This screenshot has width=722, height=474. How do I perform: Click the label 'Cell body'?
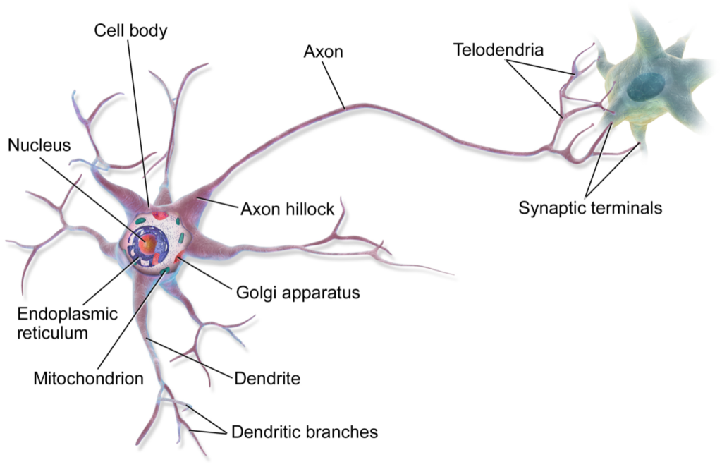[x=130, y=31]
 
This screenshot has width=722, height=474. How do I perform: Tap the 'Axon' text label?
[x=323, y=51]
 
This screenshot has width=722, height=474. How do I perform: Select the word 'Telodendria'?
[x=498, y=50]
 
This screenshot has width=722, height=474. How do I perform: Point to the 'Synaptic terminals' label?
[x=590, y=208]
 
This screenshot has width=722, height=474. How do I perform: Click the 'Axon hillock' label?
[x=288, y=209]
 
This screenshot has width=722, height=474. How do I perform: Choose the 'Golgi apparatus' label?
[x=298, y=293]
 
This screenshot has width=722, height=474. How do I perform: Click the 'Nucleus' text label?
[x=39, y=145]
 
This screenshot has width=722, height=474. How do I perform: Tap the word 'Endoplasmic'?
[x=67, y=314]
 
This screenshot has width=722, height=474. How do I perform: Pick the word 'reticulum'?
[x=52, y=333]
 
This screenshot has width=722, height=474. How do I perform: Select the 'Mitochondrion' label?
[x=88, y=379]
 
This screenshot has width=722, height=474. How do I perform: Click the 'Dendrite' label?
[x=267, y=379]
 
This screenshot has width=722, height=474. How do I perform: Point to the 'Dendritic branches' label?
[x=305, y=432]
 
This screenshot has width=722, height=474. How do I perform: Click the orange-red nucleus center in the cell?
[x=148, y=243]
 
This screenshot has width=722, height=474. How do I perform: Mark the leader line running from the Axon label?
[x=334, y=85]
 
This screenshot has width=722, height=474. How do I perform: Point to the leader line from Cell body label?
[x=138, y=123]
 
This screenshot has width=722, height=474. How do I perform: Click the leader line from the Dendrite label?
[x=189, y=359]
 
